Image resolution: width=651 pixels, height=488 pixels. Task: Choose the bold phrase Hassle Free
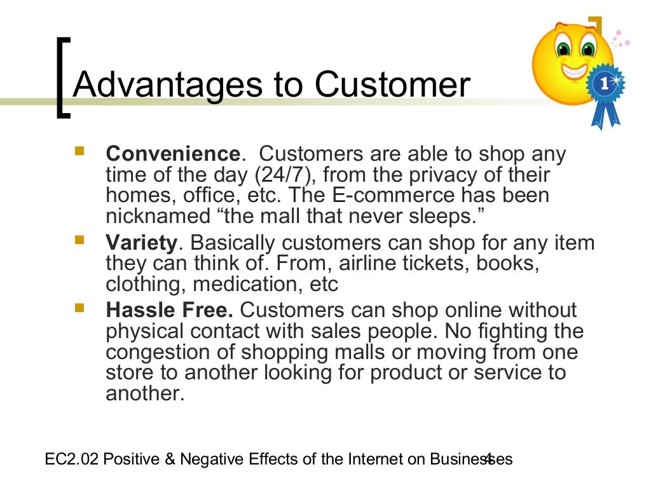(170, 310)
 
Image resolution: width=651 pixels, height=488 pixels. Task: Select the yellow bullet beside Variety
(80, 241)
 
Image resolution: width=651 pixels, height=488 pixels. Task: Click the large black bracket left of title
(62, 77)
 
